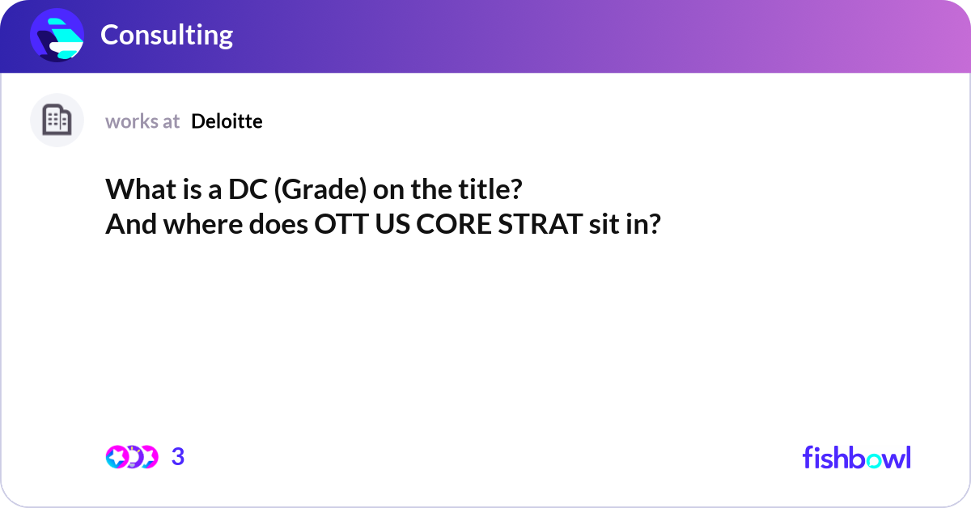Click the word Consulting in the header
pyautogui.click(x=167, y=35)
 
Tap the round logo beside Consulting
pyautogui.click(x=57, y=36)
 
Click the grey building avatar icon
pyautogui.click(x=57, y=121)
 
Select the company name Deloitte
pyautogui.click(x=227, y=121)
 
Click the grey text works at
pyautogui.click(x=142, y=121)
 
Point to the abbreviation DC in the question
pyautogui.click(x=245, y=190)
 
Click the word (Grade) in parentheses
pyautogui.click(x=320, y=190)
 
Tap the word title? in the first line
pyautogui.click(x=490, y=190)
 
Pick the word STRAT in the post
pyautogui.click(x=536, y=225)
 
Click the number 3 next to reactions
pyautogui.click(x=178, y=457)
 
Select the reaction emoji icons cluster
pyautogui.click(x=132, y=457)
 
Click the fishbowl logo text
pyautogui.click(x=856, y=457)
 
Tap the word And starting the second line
pyautogui.click(x=130, y=225)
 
